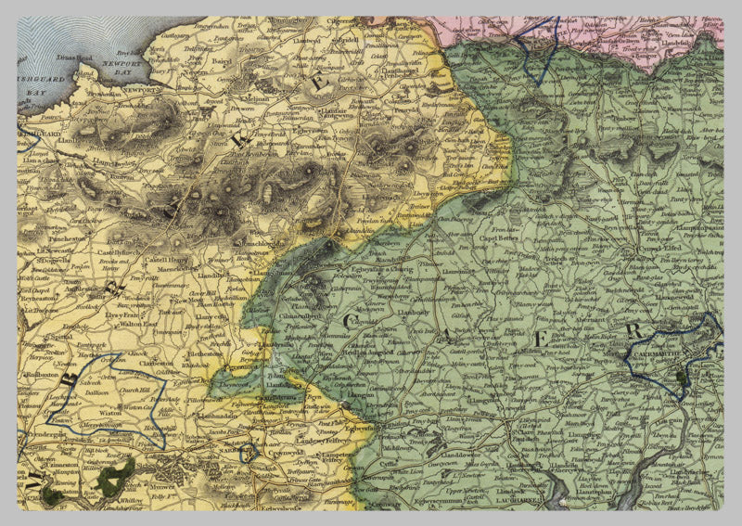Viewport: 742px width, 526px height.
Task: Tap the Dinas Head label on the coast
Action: tap(77, 58)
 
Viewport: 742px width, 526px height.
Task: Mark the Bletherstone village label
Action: tap(209, 353)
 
